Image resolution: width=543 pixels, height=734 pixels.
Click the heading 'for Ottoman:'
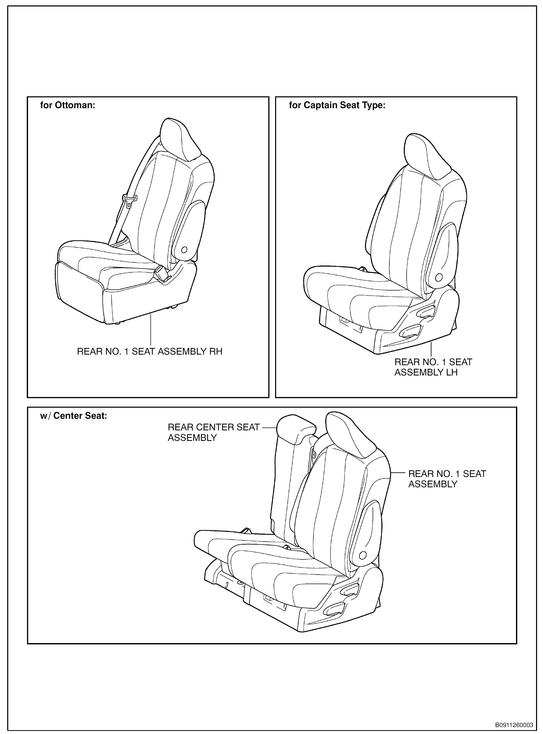coord(67,105)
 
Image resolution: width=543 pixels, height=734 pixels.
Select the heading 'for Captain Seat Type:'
coord(337,105)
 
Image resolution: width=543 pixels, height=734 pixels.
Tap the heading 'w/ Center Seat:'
coord(74,416)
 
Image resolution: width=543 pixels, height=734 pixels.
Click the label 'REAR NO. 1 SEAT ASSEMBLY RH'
coord(150,352)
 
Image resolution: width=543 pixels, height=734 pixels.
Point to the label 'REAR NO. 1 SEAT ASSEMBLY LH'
coord(433,367)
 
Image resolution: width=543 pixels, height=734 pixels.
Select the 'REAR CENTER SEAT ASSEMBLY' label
coord(214,432)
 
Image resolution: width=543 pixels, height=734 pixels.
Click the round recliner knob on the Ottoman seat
coord(184,250)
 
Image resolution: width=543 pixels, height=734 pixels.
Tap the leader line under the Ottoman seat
coord(151,329)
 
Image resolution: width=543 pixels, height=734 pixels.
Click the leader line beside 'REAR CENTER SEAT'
coord(269,428)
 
